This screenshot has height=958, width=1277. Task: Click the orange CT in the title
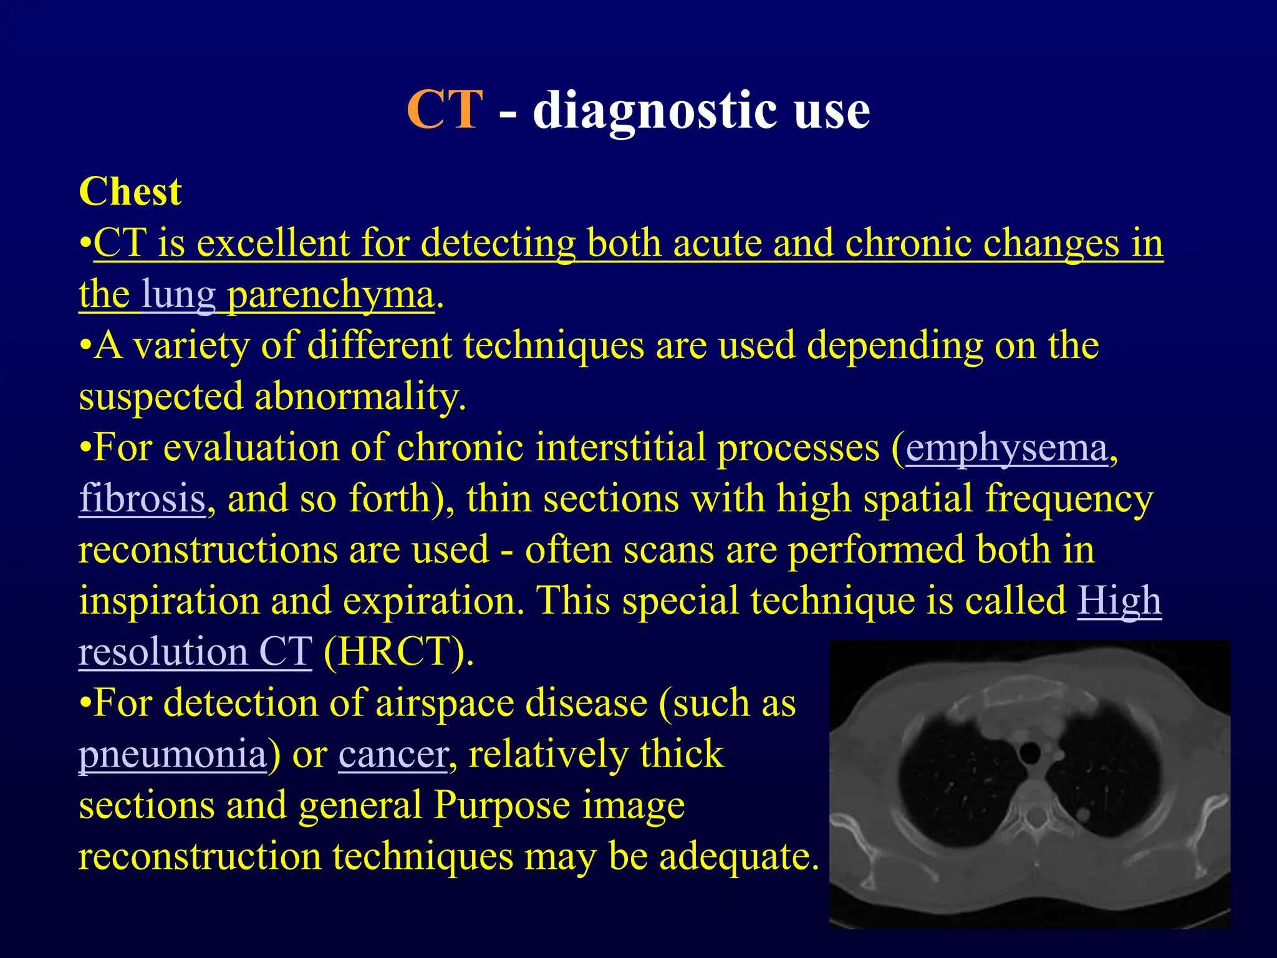click(x=445, y=110)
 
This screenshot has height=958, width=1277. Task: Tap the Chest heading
click(x=130, y=191)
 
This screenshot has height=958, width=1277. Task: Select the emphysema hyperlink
click(x=1007, y=448)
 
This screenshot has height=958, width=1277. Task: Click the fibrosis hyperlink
click(x=142, y=499)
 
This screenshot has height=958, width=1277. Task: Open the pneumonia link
click(x=173, y=755)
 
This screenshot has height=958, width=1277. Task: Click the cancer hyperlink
click(x=393, y=755)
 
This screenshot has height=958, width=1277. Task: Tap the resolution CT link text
click(x=195, y=652)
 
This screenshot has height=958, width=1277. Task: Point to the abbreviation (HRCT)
click(x=398, y=652)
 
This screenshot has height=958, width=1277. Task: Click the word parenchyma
click(x=330, y=295)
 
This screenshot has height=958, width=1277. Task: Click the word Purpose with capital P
click(x=502, y=806)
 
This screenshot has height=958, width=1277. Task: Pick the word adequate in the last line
click(x=738, y=857)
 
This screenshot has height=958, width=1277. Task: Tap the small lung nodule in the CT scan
click(x=1084, y=814)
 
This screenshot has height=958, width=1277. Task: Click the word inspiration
click(x=169, y=601)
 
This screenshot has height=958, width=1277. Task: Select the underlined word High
click(x=1119, y=601)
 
